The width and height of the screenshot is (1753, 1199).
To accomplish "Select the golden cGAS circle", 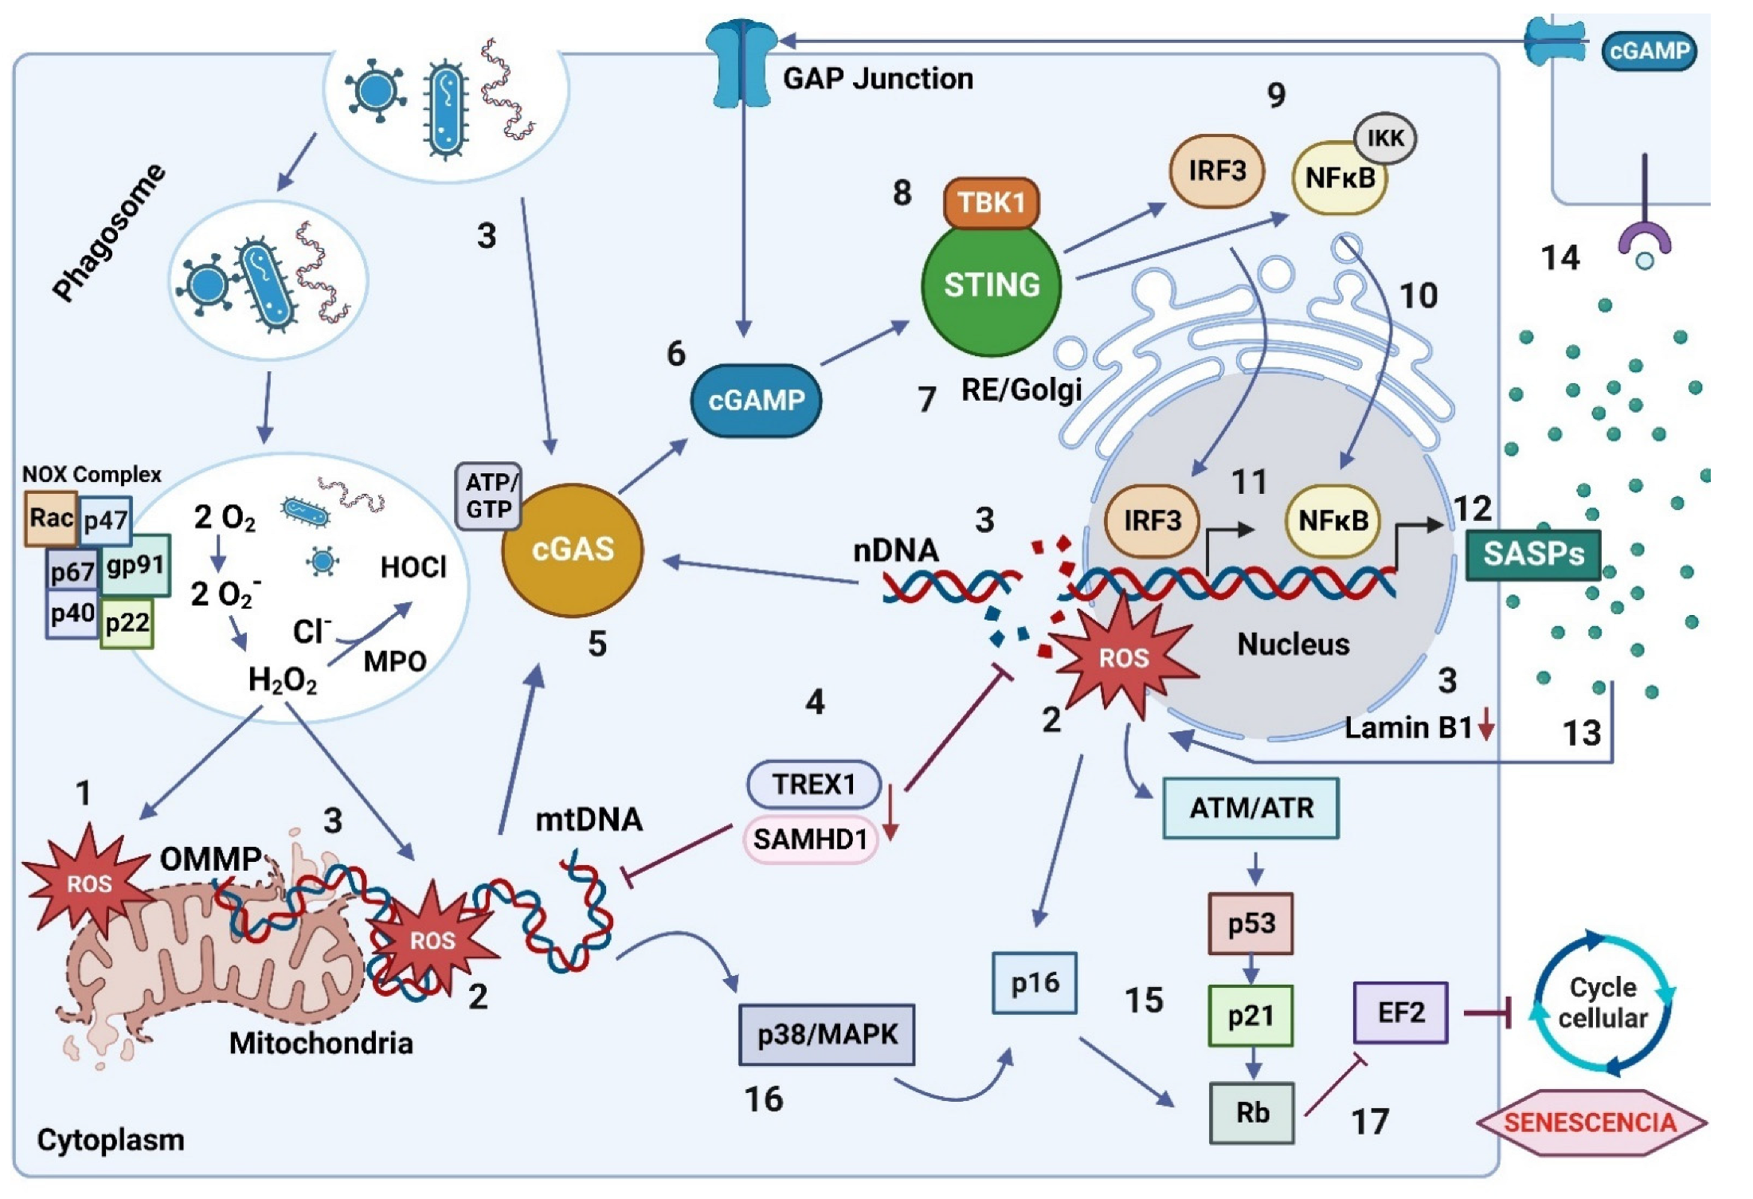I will [572, 550].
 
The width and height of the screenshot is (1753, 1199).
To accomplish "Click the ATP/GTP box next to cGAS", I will [489, 496].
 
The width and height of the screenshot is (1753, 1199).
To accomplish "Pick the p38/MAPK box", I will [827, 1034].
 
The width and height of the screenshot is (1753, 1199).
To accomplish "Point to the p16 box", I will [1034, 983].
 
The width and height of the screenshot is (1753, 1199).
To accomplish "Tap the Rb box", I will [1251, 1113].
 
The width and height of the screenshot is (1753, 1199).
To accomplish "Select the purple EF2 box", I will [1400, 1013].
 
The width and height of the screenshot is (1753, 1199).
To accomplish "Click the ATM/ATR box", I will [1250, 808].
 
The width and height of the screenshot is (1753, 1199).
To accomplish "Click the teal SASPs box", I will [1532, 554].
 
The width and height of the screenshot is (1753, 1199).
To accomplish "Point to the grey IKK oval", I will [1385, 138].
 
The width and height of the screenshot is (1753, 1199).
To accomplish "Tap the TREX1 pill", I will [813, 784].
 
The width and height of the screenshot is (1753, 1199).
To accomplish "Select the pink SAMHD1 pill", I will [810, 839].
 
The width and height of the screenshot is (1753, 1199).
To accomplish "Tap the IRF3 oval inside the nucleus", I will [1152, 521].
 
